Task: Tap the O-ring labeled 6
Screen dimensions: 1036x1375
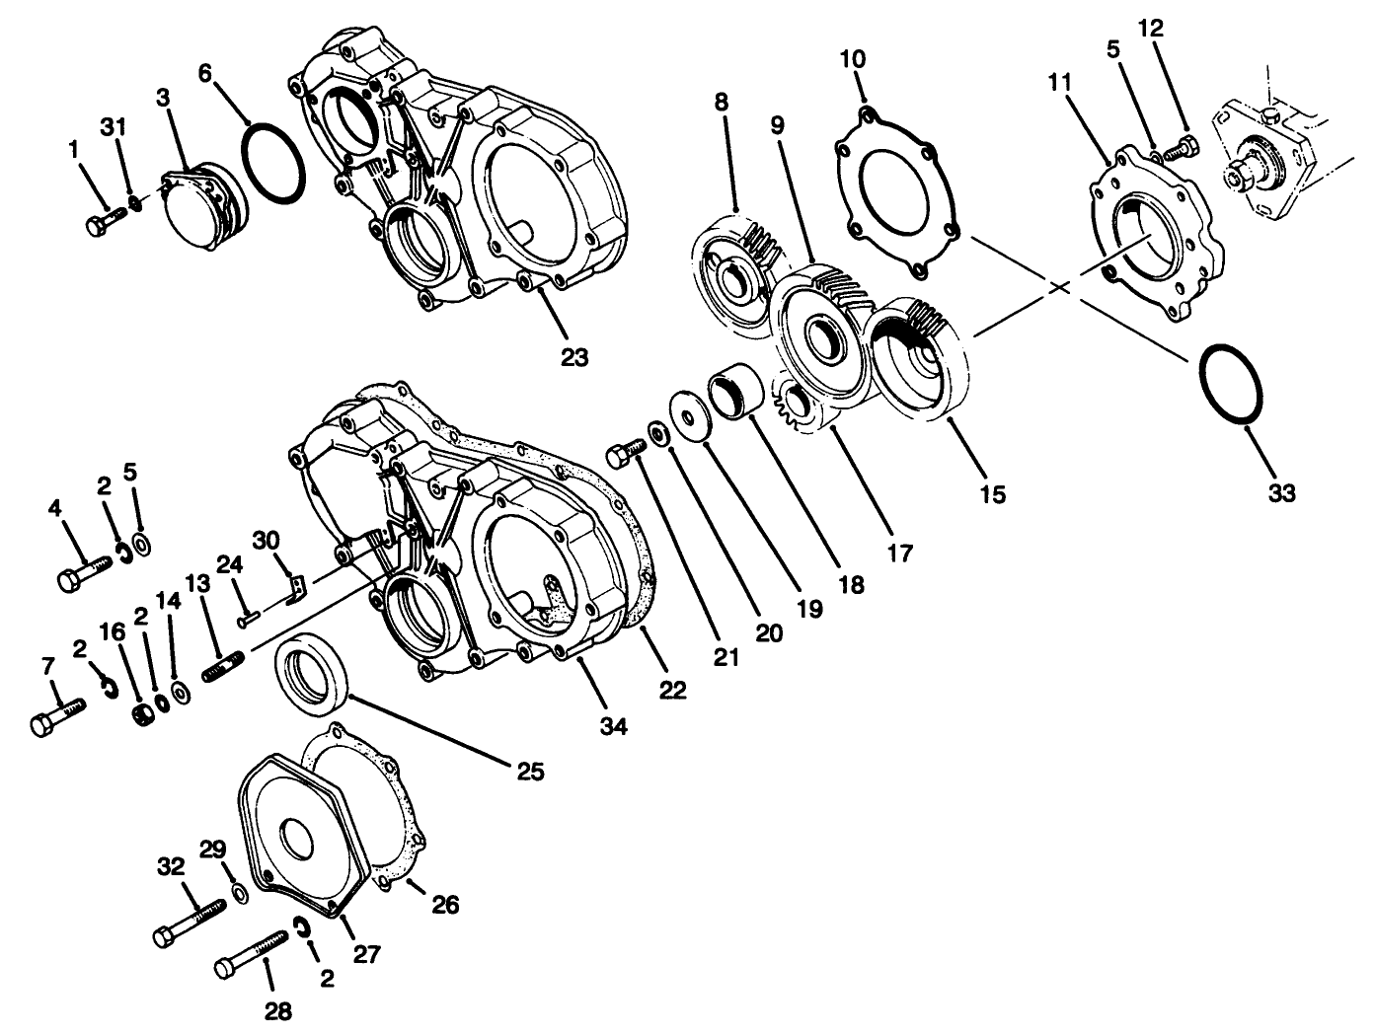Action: pyautogui.click(x=272, y=163)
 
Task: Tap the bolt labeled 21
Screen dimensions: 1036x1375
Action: pyautogui.click(x=624, y=453)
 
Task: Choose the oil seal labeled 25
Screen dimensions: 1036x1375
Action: pyautogui.click(x=311, y=674)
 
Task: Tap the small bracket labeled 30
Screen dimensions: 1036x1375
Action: pyautogui.click(x=294, y=589)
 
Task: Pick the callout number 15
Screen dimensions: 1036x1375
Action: pyautogui.click(x=992, y=493)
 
